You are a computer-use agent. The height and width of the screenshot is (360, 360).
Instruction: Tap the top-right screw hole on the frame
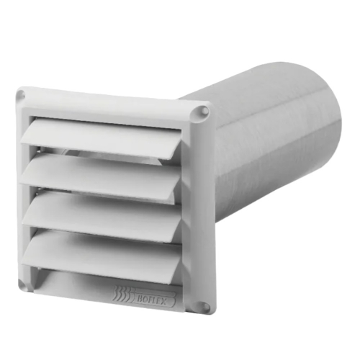pos(203,112)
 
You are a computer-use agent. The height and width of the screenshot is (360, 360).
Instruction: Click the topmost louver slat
pos(108,137)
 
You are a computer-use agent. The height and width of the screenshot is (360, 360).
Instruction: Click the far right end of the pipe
pos(328,137)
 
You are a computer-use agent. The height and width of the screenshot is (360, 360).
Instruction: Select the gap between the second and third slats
pos(108,195)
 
